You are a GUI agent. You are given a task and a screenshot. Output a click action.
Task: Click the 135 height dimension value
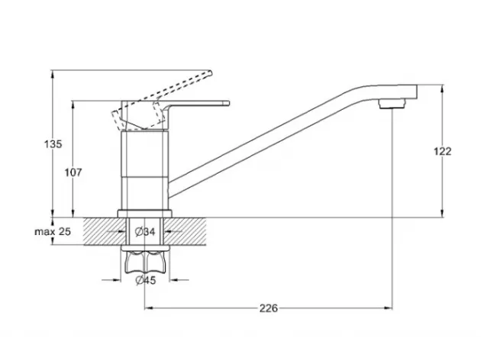pyautogui.click(x=53, y=143)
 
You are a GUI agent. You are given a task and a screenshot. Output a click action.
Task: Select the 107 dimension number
pyautogui.click(x=73, y=172)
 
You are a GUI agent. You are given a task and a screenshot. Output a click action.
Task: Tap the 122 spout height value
pyautogui.click(x=442, y=151)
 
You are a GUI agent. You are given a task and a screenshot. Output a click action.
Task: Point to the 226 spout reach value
pyautogui.click(x=269, y=308)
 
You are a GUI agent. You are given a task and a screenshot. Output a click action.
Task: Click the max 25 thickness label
pyautogui.click(x=53, y=231)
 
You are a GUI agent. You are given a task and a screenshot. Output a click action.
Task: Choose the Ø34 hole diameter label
pyautogui.click(x=145, y=231)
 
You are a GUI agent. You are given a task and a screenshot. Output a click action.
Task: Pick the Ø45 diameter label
pyautogui.click(x=146, y=280)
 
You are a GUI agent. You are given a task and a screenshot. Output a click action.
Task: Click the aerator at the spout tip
pyautogui.click(x=392, y=103)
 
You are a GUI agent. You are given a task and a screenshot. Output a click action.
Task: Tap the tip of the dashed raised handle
pyautogui.click(x=210, y=73)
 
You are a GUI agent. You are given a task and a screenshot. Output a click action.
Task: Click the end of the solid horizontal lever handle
pyautogui.click(x=228, y=103)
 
